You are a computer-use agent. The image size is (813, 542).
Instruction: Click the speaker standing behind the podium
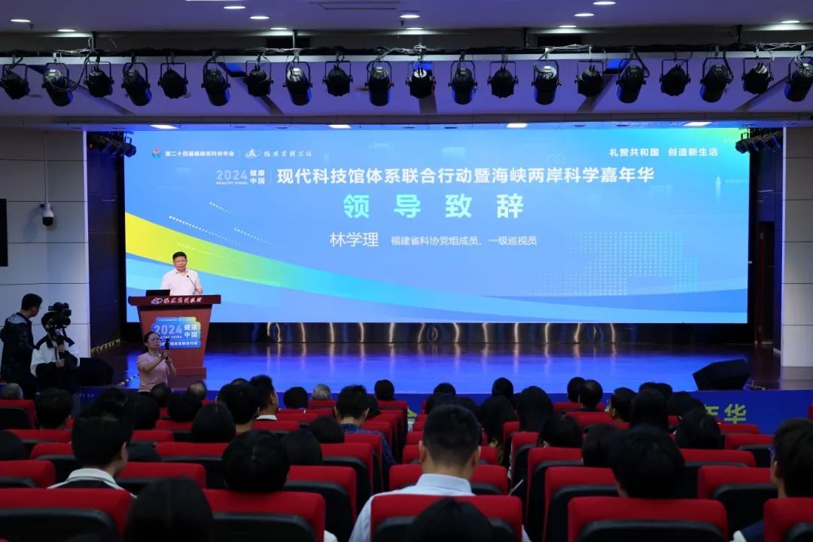[x=181, y=276]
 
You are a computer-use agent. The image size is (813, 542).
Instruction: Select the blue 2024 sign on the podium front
[x=175, y=332]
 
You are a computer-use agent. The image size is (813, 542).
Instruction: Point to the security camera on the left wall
[x=47, y=215]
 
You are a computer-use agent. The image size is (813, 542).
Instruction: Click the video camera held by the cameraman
[x=59, y=314]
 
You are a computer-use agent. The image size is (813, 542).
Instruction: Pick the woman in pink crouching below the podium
[x=154, y=362]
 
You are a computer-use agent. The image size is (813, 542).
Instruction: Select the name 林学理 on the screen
[x=354, y=239]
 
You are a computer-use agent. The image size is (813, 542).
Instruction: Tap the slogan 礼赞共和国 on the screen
[x=623, y=151]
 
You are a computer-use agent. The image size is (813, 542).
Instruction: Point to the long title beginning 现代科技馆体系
[x=465, y=175]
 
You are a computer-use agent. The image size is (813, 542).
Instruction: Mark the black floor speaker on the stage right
[x=720, y=375]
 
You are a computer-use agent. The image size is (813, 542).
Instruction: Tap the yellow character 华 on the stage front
[x=734, y=413]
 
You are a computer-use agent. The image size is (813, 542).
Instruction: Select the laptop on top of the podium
[x=158, y=292]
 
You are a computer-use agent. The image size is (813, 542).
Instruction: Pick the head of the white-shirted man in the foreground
[x=450, y=437]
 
